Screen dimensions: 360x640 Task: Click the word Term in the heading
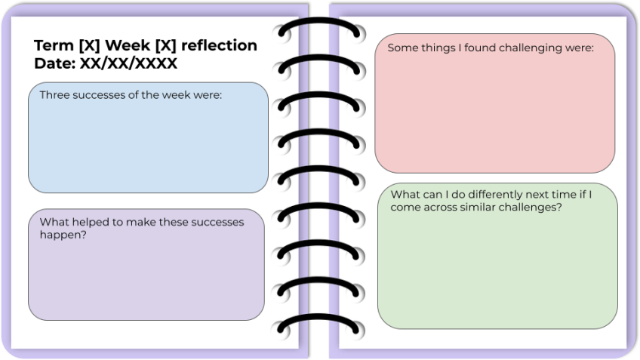(54, 45)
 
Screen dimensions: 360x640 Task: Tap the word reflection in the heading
(218, 45)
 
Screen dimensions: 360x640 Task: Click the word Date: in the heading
(54, 63)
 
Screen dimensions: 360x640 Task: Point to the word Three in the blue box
(54, 95)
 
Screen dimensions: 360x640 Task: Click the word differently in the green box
(491, 195)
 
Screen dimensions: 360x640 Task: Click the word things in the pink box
(438, 48)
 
